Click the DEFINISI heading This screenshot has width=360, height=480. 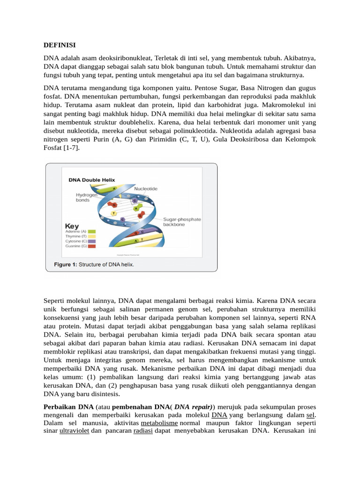tap(60, 45)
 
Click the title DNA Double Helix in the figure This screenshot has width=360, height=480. tap(92, 180)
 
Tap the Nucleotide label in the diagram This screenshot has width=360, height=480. tap(146, 188)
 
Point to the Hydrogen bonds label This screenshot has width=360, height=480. tap(87, 197)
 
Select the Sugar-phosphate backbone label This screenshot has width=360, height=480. tap(182, 222)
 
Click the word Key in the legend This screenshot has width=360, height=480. tap(72, 225)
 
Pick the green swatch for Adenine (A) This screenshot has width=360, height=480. tap(91, 232)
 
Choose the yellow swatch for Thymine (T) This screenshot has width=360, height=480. tap(91, 236)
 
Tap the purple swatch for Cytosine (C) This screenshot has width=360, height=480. tap(91, 241)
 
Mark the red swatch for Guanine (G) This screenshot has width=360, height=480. tap(91, 246)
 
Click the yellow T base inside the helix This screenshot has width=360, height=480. tap(113, 213)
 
